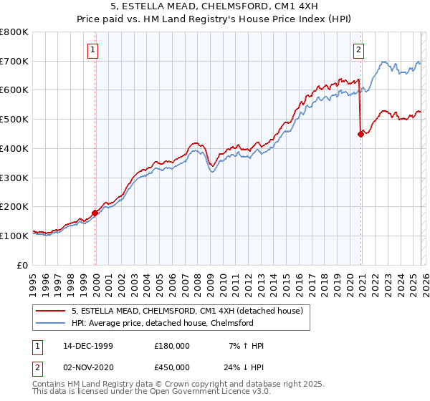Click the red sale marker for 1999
pyautogui.click(x=95, y=213)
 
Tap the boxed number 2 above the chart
pyautogui.click(x=358, y=50)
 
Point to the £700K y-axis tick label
pyautogui.click(x=14, y=61)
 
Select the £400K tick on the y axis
pyautogui.click(x=14, y=148)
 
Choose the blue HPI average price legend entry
pyautogui.click(x=172, y=323)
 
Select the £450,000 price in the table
pyautogui.click(x=172, y=367)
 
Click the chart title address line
pyautogui.click(x=214, y=7)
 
